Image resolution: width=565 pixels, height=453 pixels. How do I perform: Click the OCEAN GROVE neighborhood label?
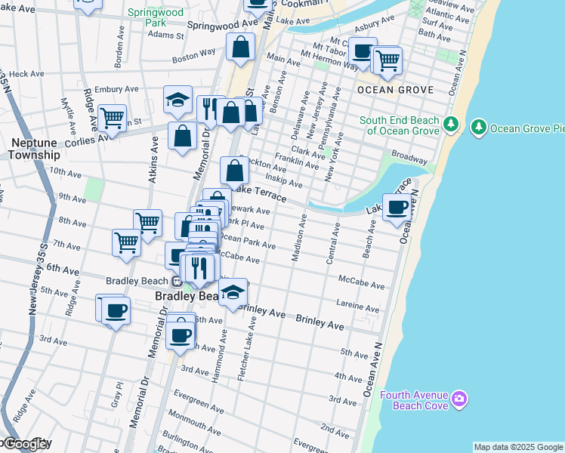395,90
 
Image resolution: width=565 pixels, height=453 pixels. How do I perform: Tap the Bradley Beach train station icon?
175,282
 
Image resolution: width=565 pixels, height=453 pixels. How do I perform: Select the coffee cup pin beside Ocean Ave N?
397,206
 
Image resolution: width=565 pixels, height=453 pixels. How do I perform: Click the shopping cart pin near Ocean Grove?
387,59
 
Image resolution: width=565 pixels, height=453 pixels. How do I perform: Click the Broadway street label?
411,161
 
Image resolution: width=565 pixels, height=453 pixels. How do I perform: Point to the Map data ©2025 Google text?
518,447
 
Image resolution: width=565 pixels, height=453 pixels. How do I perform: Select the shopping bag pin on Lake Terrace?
234,170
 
